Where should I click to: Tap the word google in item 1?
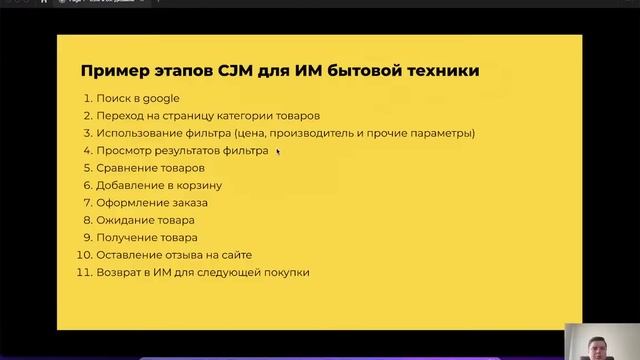[x=160, y=98]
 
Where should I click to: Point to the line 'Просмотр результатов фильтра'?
[x=182, y=151]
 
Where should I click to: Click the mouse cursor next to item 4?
[x=277, y=152]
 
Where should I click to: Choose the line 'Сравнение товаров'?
[x=150, y=168]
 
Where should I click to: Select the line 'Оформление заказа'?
[x=152, y=202]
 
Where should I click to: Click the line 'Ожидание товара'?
[x=145, y=220]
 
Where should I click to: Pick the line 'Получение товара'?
[x=146, y=237]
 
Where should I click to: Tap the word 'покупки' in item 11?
[x=287, y=272]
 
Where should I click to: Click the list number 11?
[x=84, y=272]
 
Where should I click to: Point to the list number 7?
[x=87, y=202]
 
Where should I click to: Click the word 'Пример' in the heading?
[x=111, y=71]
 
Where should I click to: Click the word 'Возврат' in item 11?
[x=119, y=272]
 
